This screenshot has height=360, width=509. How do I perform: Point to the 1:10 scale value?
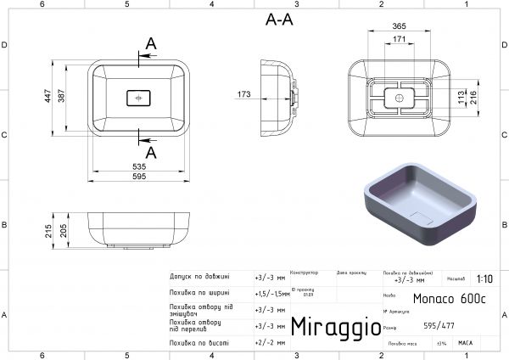(484, 278)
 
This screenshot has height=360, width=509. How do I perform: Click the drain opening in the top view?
(139, 98)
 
